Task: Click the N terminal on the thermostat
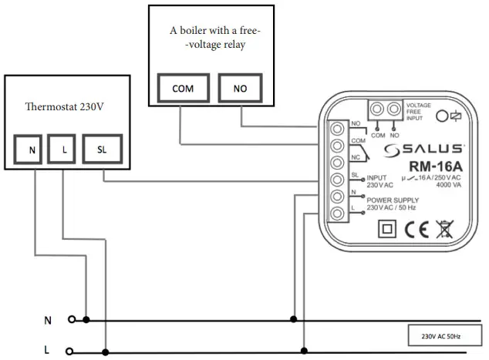point(32,150)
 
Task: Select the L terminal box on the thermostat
point(63,150)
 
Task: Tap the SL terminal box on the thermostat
point(102,150)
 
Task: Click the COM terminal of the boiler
point(183,89)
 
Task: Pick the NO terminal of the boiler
point(241,89)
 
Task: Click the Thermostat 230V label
point(65,106)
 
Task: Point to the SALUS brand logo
point(424,148)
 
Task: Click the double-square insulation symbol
point(385,230)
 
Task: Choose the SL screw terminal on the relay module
point(337,180)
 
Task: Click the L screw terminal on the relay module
point(337,215)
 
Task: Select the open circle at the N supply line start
point(73,318)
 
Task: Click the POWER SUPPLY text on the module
point(394,200)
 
